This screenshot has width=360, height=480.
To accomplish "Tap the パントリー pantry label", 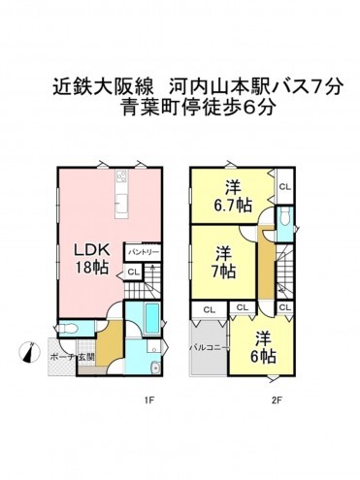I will [x=141, y=251].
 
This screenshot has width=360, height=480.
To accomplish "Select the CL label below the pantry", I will [x=133, y=272].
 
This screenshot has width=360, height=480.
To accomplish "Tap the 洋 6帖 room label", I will [x=262, y=346].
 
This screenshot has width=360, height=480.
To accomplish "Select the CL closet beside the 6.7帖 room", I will [x=284, y=186].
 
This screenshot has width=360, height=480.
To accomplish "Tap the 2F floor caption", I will [x=277, y=399].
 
